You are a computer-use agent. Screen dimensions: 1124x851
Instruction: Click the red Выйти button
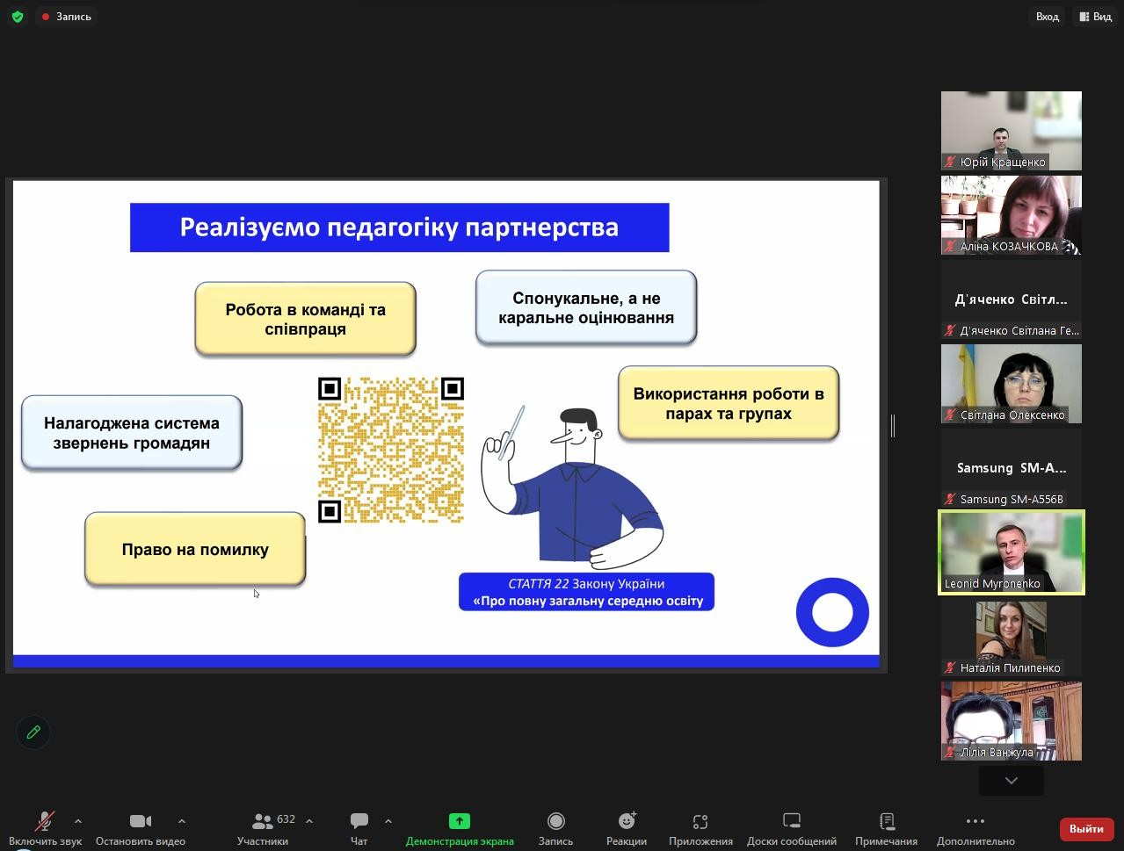coord(1086,828)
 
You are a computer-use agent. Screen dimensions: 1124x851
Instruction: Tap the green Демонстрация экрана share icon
coord(460,821)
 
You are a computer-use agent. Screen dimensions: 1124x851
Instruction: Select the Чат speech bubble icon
coord(359,820)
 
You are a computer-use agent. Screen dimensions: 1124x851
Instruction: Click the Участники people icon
coord(263,821)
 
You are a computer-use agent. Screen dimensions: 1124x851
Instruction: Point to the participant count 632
coord(286,819)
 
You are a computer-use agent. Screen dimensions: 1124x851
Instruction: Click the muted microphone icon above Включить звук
coord(45,820)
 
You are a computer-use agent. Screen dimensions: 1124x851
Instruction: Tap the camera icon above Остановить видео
coord(141,821)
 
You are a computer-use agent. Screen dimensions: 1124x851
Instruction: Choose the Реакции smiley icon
coord(627,820)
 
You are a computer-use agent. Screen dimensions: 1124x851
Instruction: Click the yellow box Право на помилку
coord(195,549)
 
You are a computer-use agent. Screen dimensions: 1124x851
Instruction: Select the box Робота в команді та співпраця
coord(305,319)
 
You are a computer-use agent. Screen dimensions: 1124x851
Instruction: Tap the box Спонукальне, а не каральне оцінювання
coord(586,307)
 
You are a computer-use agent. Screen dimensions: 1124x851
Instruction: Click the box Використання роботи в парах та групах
coord(729,403)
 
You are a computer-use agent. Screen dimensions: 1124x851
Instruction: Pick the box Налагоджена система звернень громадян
coord(132,432)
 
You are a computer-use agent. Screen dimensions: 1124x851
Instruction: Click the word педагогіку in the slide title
coord(392,227)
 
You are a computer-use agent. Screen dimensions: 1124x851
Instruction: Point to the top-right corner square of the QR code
coord(453,389)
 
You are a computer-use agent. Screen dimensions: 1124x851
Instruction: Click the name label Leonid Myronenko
coord(992,583)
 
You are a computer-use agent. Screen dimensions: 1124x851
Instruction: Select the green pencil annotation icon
coord(33,732)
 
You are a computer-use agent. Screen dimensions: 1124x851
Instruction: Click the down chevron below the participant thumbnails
coord(1011,781)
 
